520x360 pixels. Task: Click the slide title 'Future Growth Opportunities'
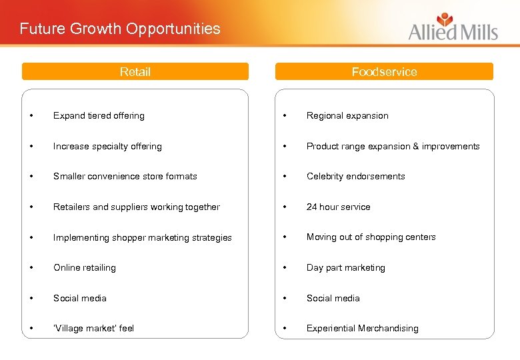coord(120,29)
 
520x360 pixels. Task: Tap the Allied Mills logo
coord(453,27)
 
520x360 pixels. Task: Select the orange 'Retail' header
coord(135,72)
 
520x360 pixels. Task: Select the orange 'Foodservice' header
coord(384,72)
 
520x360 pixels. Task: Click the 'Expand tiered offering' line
coord(99,115)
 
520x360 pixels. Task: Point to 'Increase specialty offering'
coord(107,146)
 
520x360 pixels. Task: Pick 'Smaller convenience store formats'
coord(125,176)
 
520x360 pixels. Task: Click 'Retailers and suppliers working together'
coord(137,207)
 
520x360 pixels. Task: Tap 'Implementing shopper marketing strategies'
coord(143,237)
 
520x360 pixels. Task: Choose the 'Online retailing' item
coord(85,267)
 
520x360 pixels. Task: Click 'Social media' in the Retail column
coord(80,298)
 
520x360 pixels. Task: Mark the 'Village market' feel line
coord(94,328)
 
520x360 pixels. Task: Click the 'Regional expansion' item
coord(347,115)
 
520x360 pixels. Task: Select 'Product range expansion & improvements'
coord(393,146)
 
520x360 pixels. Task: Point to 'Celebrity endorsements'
coord(355,176)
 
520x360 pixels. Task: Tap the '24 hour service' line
coord(338,207)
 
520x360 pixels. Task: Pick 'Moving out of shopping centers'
coord(371,237)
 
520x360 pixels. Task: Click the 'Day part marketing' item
coord(345,267)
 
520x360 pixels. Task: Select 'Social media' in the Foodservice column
coord(333,298)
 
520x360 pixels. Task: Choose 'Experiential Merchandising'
coord(362,328)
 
